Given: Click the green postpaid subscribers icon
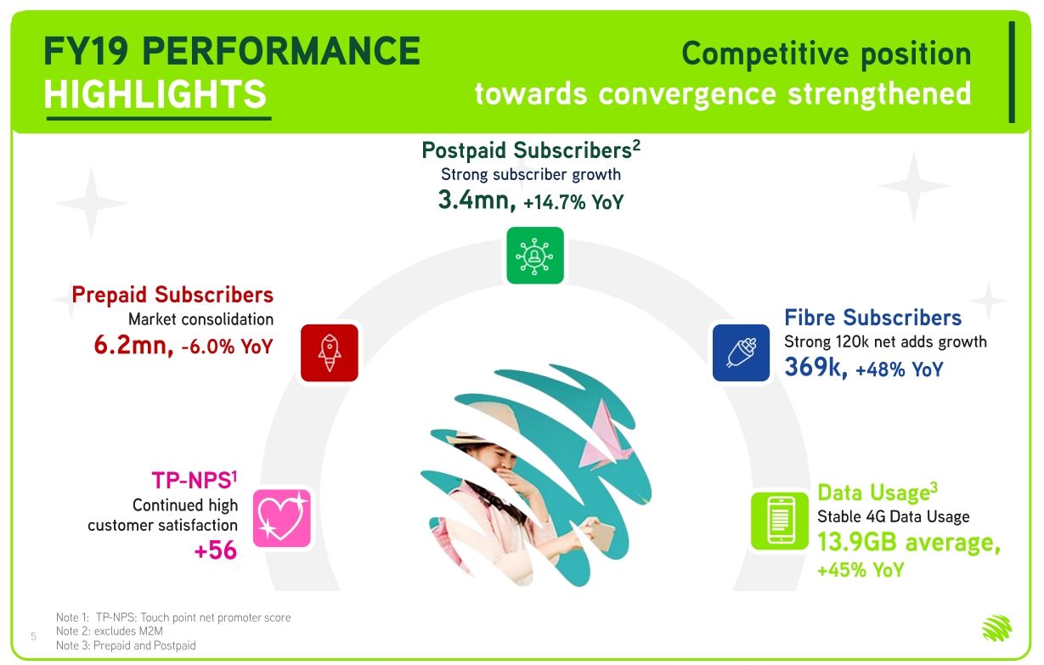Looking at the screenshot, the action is pyautogui.click(x=535, y=256).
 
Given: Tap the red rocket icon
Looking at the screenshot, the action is pyautogui.click(x=330, y=352).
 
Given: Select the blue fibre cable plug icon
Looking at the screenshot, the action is pyautogui.click(x=741, y=352).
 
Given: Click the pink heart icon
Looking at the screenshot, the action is pyautogui.click(x=282, y=518).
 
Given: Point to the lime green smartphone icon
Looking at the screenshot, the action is pyautogui.click(x=780, y=521).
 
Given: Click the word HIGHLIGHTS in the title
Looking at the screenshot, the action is pyautogui.click(x=155, y=94).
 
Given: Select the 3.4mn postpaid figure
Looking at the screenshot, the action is pyautogui.click(x=477, y=200).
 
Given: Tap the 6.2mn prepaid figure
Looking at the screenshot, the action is pyautogui.click(x=133, y=346).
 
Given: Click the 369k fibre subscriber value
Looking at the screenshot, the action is pyautogui.click(x=815, y=367).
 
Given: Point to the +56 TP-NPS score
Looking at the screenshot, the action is pyautogui.click(x=216, y=550).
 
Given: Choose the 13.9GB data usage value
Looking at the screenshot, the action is pyautogui.click(x=857, y=543).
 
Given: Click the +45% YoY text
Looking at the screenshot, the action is pyautogui.click(x=861, y=570).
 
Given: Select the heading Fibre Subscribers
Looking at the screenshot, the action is pyautogui.click(x=873, y=318).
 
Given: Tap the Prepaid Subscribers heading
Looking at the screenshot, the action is pyautogui.click(x=172, y=295).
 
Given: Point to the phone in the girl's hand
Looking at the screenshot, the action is pyautogui.click(x=602, y=536).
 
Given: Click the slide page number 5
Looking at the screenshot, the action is pyautogui.click(x=33, y=636).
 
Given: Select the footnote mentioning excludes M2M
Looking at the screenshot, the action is pyautogui.click(x=110, y=631).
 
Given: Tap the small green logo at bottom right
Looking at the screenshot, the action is pyautogui.click(x=997, y=628).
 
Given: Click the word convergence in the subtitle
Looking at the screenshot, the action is pyautogui.click(x=687, y=95).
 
